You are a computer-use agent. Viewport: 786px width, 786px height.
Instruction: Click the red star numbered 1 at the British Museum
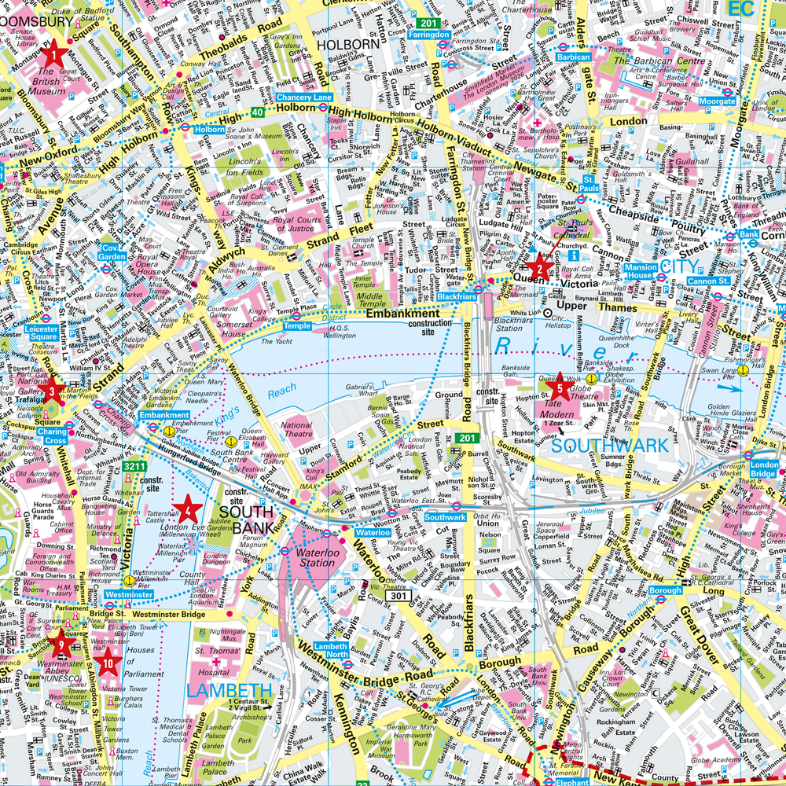(54, 54)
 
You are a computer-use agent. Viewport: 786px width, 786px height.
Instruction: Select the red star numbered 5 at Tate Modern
(560, 386)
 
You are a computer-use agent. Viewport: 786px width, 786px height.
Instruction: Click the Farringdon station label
(429, 35)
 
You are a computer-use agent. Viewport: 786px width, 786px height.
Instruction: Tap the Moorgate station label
(717, 101)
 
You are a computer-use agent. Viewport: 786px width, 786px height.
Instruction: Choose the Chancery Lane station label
(304, 97)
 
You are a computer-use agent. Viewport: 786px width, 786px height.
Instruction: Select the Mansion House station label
(641, 272)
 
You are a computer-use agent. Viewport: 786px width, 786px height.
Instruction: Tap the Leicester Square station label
(43, 332)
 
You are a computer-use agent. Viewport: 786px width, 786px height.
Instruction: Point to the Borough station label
(665, 589)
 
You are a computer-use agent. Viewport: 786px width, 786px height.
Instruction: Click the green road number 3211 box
(134, 467)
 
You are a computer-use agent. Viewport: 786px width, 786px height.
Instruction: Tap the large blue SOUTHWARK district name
(609, 446)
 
